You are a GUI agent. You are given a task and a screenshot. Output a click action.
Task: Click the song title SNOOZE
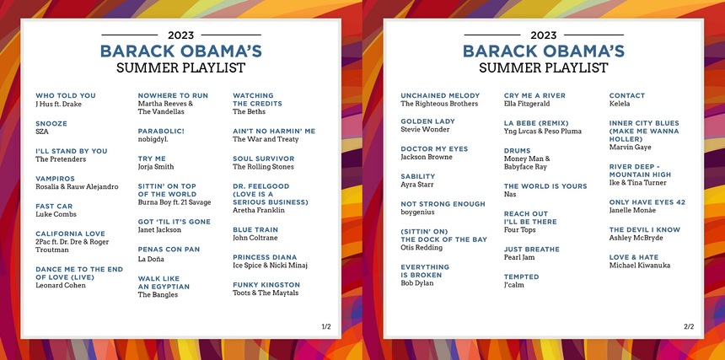pos(51,123)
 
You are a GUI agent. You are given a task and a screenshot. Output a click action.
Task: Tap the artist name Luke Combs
pos(56,214)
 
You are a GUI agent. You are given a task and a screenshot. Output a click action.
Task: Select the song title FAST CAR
pos(54,206)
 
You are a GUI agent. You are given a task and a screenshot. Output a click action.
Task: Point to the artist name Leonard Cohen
pos(61,286)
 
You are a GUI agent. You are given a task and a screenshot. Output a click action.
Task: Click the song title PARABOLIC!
pos(161,132)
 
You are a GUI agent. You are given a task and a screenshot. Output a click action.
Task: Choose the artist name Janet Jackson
pos(159,230)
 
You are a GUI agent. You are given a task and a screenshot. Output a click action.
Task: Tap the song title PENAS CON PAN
pos(169,250)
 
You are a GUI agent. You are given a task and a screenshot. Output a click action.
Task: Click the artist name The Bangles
pos(158,295)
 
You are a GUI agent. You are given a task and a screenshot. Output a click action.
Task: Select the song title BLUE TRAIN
pos(255,229)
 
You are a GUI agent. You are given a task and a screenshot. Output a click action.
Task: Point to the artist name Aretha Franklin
pos(259,210)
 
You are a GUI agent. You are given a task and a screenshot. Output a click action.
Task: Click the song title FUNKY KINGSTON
pos(266,285)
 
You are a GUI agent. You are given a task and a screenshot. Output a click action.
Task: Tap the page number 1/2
pos(326,327)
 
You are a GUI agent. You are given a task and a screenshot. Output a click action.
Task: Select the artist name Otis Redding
pos(422,248)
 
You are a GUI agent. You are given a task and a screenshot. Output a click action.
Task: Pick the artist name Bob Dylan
pos(417,283)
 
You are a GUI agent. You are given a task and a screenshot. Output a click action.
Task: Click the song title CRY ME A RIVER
pos(534,95)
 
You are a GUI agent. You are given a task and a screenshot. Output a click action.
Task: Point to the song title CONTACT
pos(627,95)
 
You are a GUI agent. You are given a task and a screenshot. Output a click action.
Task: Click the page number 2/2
pos(689,327)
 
